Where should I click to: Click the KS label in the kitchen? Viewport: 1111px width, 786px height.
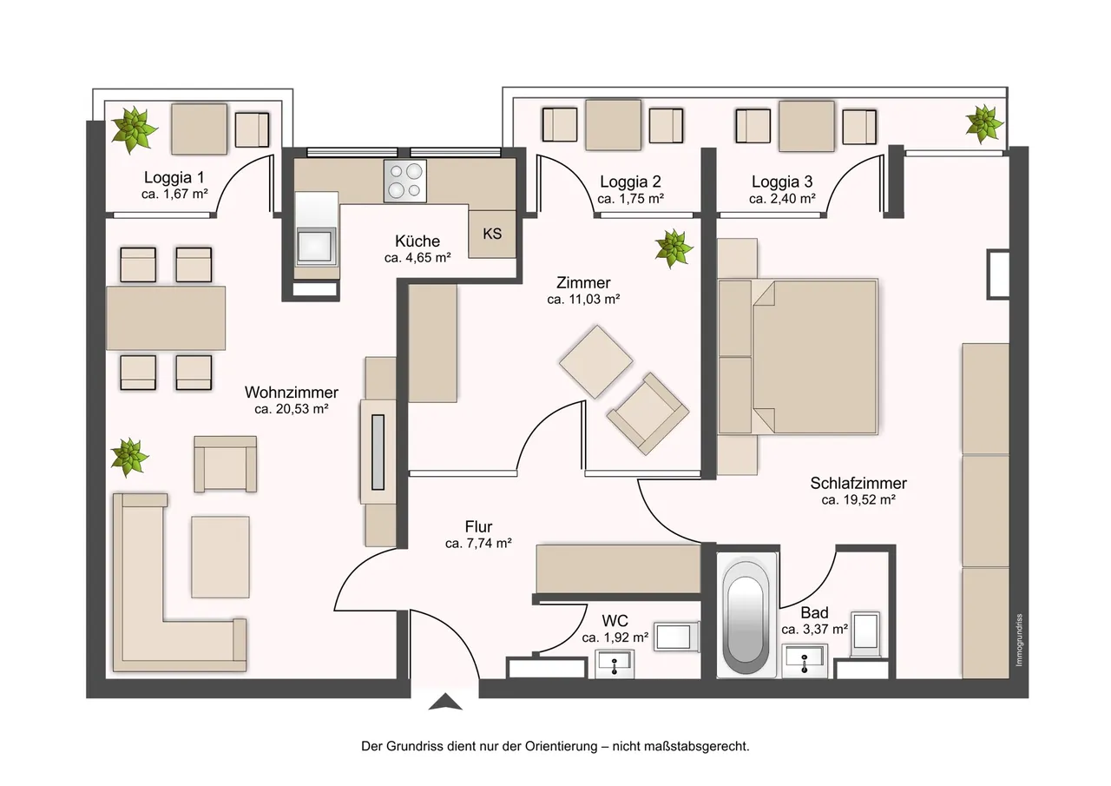pyautogui.click(x=492, y=234)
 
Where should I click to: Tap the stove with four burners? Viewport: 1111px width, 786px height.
pyautogui.click(x=404, y=181)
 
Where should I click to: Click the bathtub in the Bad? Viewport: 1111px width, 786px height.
pyautogui.click(x=746, y=616)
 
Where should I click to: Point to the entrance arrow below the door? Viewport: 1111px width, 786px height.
pyautogui.click(x=445, y=701)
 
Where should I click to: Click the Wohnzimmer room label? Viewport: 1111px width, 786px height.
pyautogui.click(x=291, y=392)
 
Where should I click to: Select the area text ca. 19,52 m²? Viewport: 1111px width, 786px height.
pyautogui.click(x=858, y=499)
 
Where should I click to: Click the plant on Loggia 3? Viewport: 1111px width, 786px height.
pyautogui.click(x=983, y=123)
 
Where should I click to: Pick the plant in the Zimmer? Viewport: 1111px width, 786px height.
pyautogui.click(x=673, y=248)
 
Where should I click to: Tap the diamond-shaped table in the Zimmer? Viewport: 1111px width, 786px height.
pyautogui.click(x=595, y=362)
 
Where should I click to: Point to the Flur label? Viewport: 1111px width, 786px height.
pyautogui.click(x=478, y=526)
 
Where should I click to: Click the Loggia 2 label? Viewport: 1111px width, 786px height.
pyautogui.click(x=630, y=182)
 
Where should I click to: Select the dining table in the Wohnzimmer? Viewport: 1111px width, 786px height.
pyautogui.click(x=166, y=318)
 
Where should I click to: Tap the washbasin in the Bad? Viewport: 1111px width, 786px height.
pyautogui.click(x=805, y=660)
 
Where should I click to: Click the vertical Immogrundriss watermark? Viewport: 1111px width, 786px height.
pyautogui.click(x=1019, y=640)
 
